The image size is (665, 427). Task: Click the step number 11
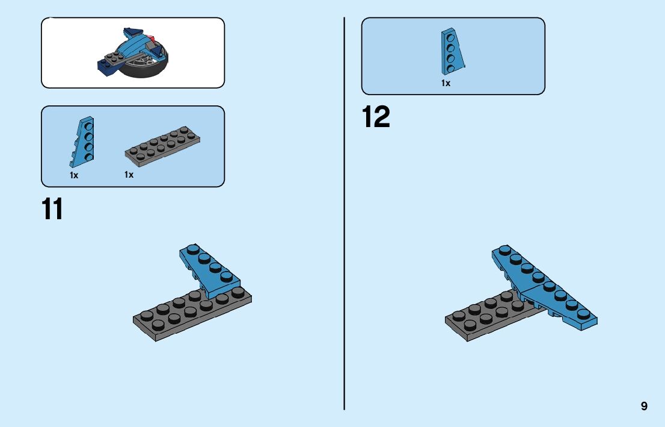(52, 210)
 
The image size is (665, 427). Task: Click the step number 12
(376, 117)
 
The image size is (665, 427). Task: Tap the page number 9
(644, 406)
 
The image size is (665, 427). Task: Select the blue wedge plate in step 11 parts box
(82, 142)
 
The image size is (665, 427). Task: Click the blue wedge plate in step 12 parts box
(452, 52)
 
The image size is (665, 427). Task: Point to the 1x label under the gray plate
(129, 175)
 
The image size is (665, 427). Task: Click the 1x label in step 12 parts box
(446, 84)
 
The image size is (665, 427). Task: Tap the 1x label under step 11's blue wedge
(74, 175)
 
